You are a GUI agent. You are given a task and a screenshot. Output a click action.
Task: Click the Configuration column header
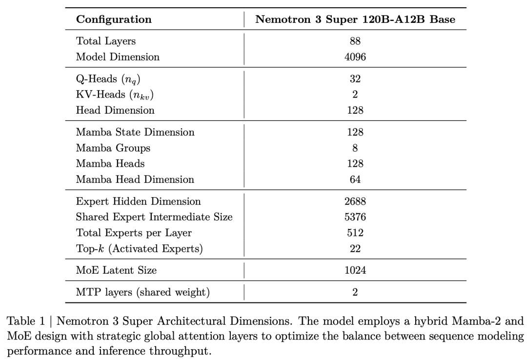pyautogui.click(x=114, y=20)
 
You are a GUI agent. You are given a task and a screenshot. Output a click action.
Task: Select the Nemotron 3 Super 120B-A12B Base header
pyautogui.click(x=355, y=20)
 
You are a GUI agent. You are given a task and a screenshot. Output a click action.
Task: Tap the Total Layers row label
pyautogui.click(x=106, y=41)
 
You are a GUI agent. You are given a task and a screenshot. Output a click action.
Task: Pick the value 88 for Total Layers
pyautogui.click(x=355, y=41)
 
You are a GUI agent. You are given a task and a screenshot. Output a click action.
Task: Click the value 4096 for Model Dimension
pyautogui.click(x=355, y=57)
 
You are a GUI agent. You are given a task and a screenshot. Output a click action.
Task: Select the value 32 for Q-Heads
pyautogui.click(x=355, y=79)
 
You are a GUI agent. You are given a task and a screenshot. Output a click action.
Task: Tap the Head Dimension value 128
pyautogui.click(x=355, y=110)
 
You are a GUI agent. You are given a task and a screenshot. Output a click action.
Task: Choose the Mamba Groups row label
pyautogui.click(x=113, y=148)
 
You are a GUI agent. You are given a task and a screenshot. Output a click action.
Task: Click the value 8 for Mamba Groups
pyautogui.click(x=355, y=148)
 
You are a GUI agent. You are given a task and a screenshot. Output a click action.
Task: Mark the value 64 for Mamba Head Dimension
pyautogui.click(x=355, y=180)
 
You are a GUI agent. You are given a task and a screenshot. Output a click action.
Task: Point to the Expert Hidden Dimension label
pyautogui.click(x=139, y=201)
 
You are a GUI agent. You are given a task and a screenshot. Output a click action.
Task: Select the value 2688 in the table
pyautogui.click(x=355, y=201)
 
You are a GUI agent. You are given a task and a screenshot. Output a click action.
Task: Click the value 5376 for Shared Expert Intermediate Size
pyautogui.click(x=355, y=217)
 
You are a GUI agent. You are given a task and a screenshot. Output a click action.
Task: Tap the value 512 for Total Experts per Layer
pyautogui.click(x=355, y=233)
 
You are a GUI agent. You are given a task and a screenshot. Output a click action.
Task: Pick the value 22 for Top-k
pyautogui.click(x=355, y=249)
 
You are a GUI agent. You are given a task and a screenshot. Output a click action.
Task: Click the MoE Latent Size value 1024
pyautogui.click(x=355, y=270)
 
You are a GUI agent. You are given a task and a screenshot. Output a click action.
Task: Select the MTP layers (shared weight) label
pyautogui.click(x=143, y=292)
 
